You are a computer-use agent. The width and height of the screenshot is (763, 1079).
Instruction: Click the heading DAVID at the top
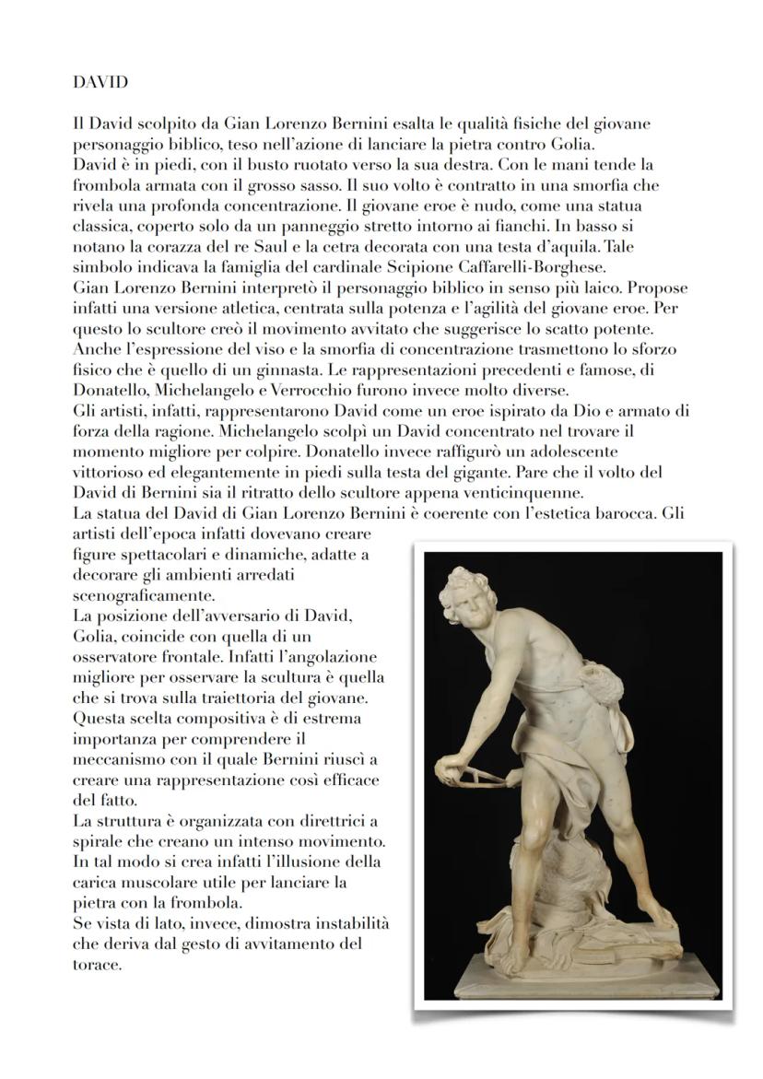100,82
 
